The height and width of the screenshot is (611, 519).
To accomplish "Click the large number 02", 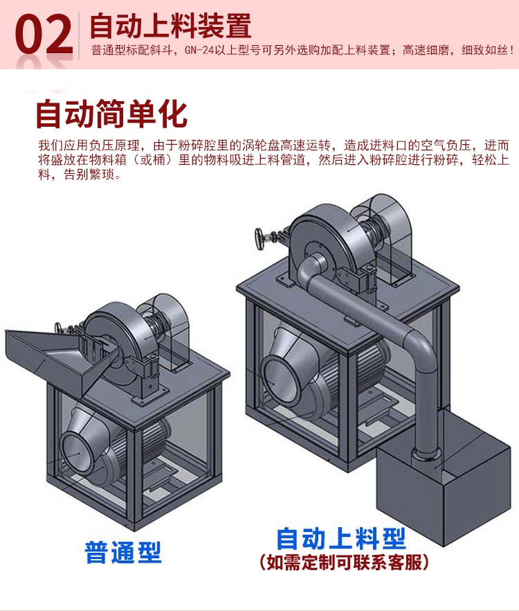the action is pos(44,34).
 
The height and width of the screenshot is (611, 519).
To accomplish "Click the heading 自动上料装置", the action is pos(170,26).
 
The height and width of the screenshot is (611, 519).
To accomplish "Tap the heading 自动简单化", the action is pos(111,114).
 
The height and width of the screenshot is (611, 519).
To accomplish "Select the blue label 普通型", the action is pos(123,552).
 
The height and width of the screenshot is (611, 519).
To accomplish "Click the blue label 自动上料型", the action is pos(341,538).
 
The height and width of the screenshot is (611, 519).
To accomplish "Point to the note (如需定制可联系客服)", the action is pos(344,563).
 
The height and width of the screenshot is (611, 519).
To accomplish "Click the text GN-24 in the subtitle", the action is pos(199,51).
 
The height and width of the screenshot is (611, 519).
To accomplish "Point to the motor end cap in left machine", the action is pos(78,454).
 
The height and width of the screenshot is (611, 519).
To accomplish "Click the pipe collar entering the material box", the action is pos(428,454).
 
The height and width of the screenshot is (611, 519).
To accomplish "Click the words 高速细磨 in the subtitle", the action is pos(426,51).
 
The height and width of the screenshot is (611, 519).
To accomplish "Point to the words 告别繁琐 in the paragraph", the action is pos(89,174).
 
